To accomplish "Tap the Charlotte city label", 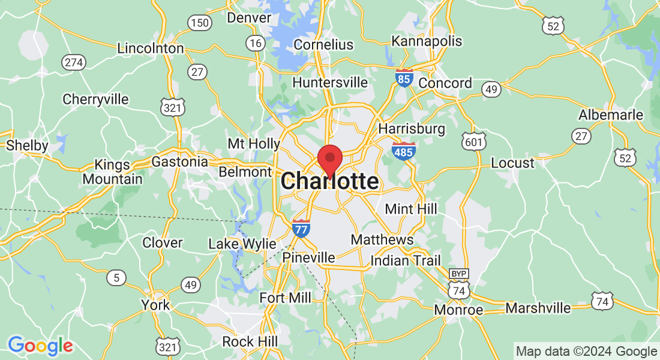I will coord(329,181).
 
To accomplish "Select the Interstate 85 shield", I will coord(404,78).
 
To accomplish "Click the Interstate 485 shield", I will coord(403,151).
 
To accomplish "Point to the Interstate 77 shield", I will coord(301,229).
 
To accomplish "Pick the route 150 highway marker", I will coord(199,23).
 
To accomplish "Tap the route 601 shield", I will coord(473,142).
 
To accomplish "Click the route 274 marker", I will coord(75,62).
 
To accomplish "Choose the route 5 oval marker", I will coord(116,277).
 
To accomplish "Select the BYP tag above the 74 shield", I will coord(459,274).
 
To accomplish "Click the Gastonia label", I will coord(179,162).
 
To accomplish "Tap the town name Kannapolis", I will coord(427,41).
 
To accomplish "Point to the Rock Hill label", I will coord(250,341).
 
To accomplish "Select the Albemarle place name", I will coord(611,115).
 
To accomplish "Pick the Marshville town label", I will coord(538,308).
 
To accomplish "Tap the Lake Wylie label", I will coord(242,244).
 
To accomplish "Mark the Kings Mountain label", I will coord(113,172).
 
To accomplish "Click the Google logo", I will coord(40,346).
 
